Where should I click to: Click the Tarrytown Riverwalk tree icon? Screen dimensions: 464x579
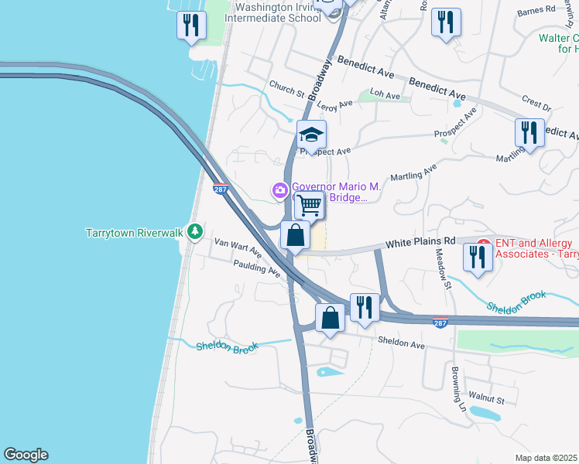(x=197, y=231)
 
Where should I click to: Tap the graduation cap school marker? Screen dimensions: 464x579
(x=311, y=135)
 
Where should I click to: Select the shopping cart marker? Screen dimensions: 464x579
(x=309, y=206)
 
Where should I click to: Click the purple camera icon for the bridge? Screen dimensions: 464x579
(x=279, y=189)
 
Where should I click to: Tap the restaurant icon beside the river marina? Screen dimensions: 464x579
(x=190, y=26)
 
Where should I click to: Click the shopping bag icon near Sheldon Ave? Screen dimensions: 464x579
(x=330, y=318)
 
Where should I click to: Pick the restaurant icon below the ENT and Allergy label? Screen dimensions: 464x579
(x=477, y=257)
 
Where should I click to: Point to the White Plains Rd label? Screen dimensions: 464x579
(x=421, y=242)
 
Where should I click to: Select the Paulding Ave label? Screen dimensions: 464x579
(x=256, y=268)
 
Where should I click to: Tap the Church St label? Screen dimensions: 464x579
(x=286, y=89)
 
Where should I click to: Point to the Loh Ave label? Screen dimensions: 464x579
(x=385, y=95)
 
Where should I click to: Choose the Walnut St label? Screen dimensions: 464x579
(x=490, y=400)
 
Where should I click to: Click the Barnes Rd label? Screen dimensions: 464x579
(x=537, y=11)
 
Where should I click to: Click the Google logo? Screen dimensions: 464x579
(x=26, y=455)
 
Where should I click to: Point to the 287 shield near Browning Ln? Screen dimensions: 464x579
(x=440, y=323)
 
